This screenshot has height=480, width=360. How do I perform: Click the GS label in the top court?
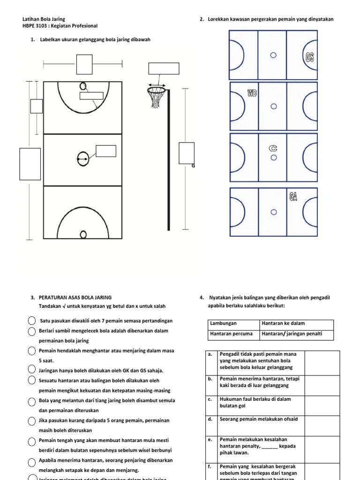tap(309, 57)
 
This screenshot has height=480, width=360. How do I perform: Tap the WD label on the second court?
tap(252, 93)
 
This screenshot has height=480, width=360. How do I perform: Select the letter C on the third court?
tap(273, 148)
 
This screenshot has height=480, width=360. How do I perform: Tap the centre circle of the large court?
tap(83, 159)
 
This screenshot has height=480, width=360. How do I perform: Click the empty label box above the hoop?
tap(164, 68)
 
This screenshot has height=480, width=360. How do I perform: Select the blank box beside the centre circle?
tap(105, 151)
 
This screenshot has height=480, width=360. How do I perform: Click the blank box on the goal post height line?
tap(186, 153)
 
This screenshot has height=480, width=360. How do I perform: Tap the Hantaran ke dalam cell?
tap(297, 323)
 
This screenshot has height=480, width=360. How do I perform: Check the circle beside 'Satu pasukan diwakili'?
tap(31, 321)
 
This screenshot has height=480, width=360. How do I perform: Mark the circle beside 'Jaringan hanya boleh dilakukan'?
tap(31, 370)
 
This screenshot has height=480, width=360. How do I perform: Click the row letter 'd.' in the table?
tap(210, 419)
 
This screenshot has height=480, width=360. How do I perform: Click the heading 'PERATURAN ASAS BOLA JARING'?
tap(75, 297)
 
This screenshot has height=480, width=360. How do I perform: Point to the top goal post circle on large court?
tap(83, 86)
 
